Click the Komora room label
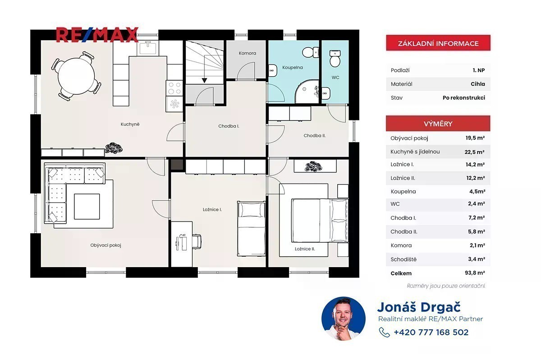[x=248, y=53]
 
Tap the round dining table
[x=76, y=76]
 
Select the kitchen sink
[x=148, y=48]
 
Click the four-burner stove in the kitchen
[x=174, y=88]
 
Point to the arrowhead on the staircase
[x=204, y=80]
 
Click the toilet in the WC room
[x=335, y=59]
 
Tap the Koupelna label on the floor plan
[x=293, y=68]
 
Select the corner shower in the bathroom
[x=307, y=92]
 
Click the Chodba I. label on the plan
[x=229, y=126]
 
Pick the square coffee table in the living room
[x=87, y=206]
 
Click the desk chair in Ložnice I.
[x=197, y=241]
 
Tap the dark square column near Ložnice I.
[x=177, y=165]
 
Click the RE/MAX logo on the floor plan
[x=97, y=35]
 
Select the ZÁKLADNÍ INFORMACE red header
[x=438, y=43]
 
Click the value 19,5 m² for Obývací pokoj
[x=475, y=138]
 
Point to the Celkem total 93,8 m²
[x=475, y=273]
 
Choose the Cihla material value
[x=478, y=84]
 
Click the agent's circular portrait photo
[x=344, y=318]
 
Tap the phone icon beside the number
[x=384, y=332]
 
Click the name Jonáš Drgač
[x=419, y=307]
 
